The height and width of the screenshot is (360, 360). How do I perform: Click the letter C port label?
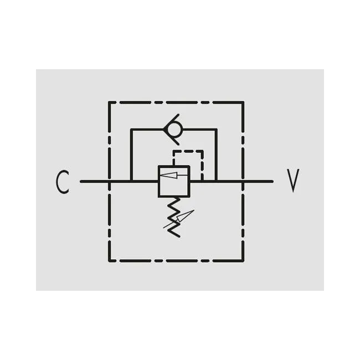[x=63, y=182]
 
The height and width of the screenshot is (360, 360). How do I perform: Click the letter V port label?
[x=293, y=181]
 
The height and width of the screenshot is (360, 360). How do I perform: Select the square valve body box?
[x=174, y=181]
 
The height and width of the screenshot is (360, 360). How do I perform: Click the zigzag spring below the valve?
[x=174, y=217]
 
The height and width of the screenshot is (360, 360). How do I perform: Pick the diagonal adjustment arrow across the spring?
[x=179, y=219]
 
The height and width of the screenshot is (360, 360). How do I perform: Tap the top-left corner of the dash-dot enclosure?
[x=109, y=102]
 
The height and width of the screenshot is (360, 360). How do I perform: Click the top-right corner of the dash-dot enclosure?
[x=243, y=102]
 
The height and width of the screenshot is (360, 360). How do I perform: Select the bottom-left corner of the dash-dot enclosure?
[x=109, y=261]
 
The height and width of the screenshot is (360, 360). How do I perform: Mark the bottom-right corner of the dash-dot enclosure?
[x=243, y=261]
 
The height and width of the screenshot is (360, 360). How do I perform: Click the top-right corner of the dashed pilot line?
[x=202, y=151]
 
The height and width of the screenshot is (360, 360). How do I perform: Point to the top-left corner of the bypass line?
[x=131, y=130]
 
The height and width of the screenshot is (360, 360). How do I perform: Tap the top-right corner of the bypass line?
[x=216, y=130]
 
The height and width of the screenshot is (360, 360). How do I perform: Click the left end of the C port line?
[x=81, y=181]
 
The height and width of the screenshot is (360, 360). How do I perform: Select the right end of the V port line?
[x=272, y=181]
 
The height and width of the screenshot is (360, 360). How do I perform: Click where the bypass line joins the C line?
[x=131, y=181]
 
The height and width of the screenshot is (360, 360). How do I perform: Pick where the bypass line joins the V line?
[x=216, y=181]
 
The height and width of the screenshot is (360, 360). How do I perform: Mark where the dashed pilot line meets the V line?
[x=202, y=181]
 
